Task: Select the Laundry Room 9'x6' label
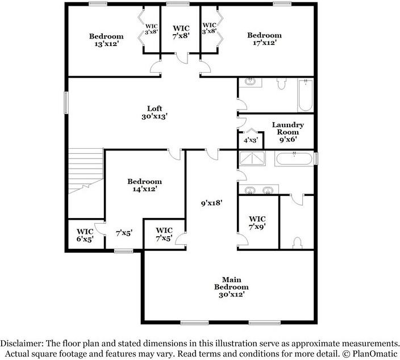(x=287, y=132)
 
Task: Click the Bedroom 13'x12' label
(x=106, y=40)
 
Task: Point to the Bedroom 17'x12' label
(x=264, y=39)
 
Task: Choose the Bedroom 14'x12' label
(x=144, y=185)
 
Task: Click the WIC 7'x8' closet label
(x=181, y=31)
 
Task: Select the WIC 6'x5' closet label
(x=85, y=236)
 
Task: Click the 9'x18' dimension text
(x=211, y=202)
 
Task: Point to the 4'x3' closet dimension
(x=251, y=140)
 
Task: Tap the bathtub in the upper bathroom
(x=305, y=95)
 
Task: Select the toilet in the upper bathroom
(x=281, y=85)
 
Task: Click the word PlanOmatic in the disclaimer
(x=372, y=353)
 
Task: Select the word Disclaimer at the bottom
(x=23, y=344)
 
